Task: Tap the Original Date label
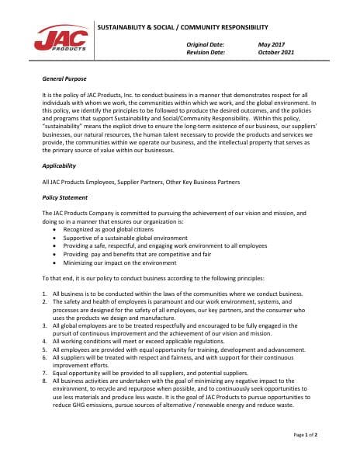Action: pyautogui.click(x=206, y=45)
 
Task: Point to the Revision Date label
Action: pyautogui.click(x=206, y=53)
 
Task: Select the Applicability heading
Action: pyautogui.click(x=59, y=165)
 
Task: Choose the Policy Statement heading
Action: pyautogui.click(x=64, y=198)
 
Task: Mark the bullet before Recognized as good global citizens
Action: pyautogui.click(x=53, y=231)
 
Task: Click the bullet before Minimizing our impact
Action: pyautogui.click(x=53, y=262)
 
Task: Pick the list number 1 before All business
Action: pyautogui.click(x=43, y=294)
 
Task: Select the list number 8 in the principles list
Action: pyautogui.click(x=43, y=382)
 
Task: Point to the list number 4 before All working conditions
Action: pyautogui.click(x=43, y=342)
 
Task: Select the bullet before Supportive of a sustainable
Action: pyautogui.click(x=53, y=238)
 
